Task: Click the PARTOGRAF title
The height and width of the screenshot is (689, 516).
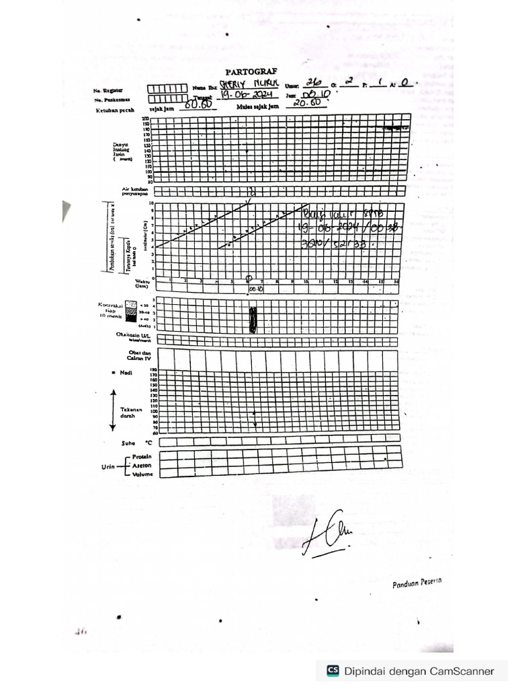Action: click(251, 71)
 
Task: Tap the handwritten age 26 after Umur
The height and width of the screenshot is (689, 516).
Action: click(313, 83)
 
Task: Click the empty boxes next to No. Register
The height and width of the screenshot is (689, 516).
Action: click(167, 88)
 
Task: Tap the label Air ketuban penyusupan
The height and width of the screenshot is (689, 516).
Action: click(135, 192)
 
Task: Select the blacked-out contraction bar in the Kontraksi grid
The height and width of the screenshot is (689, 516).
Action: click(253, 320)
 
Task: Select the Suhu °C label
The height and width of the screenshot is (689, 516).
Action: click(133, 443)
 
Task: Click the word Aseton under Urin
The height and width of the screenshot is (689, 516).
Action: click(142, 465)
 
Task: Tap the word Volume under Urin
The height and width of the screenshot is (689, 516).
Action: click(142, 474)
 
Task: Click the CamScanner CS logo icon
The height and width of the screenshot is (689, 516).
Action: click(333, 670)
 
